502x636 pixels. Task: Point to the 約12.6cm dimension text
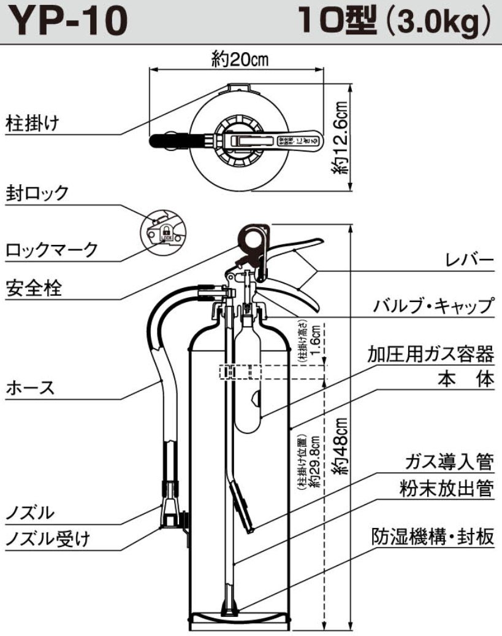343,138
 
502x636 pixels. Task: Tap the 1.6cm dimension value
314,341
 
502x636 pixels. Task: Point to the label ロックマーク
52,250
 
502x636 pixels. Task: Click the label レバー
469,262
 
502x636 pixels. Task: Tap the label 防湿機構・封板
433,537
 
